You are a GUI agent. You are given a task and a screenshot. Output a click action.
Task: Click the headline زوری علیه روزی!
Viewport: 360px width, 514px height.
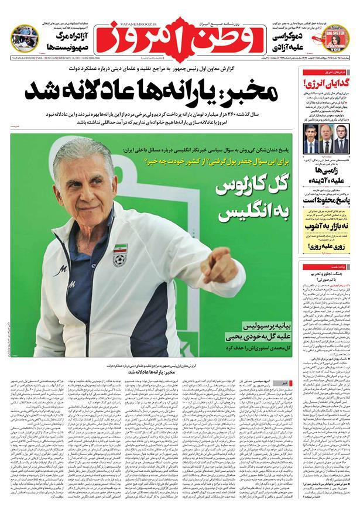tap(325, 247)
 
